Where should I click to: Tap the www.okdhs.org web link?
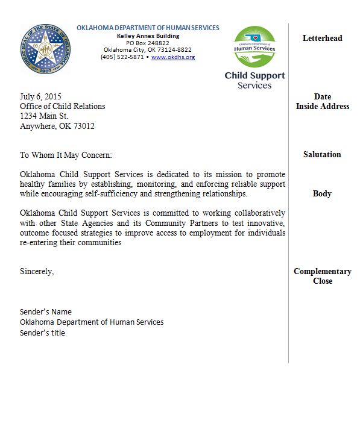(x=172, y=57)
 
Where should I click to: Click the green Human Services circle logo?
(x=255, y=47)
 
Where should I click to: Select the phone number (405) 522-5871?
(x=122, y=57)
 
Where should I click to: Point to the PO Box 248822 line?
(x=148, y=43)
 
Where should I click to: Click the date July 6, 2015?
(x=40, y=96)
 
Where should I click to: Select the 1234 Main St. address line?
(x=44, y=116)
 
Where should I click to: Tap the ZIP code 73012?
(x=83, y=127)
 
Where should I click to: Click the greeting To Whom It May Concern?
(x=66, y=155)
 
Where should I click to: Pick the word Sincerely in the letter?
(x=37, y=271)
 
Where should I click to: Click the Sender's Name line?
(x=46, y=312)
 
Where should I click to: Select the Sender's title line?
(x=42, y=333)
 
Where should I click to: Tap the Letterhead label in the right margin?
(x=322, y=38)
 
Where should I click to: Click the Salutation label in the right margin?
(x=322, y=155)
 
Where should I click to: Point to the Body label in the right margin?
(x=322, y=194)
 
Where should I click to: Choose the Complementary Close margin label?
(x=322, y=276)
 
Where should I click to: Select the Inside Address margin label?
(x=322, y=107)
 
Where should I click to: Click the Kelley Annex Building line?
(x=148, y=36)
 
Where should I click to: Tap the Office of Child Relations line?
(x=63, y=107)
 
